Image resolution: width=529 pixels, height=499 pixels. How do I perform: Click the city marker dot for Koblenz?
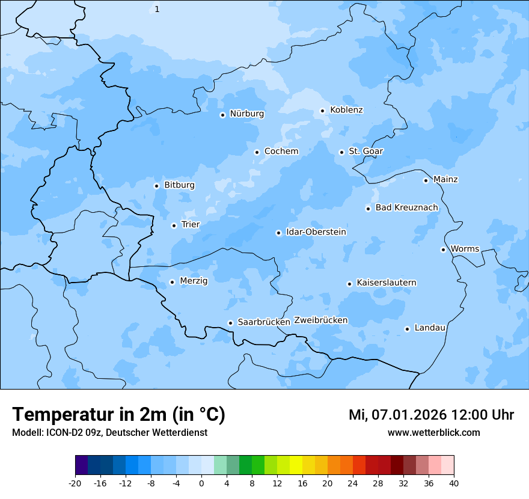pyautogui.click(x=322, y=111)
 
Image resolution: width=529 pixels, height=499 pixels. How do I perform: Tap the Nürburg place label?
pyautogui.click(x=246, y=114)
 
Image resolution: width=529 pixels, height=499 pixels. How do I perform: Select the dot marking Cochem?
pyautogui.click(x=257, y=152)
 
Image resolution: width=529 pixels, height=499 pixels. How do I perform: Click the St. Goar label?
pyautogui.click(x=365, y=151)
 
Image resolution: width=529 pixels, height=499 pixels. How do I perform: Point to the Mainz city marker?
pyautogui.click(x=426, y=180)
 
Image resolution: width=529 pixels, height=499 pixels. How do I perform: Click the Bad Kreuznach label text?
pyautogui.click(x=406, y=207)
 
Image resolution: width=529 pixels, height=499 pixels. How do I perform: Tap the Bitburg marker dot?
pyautogui.click(x=156, y=186)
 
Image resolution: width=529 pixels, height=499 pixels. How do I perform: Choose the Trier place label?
pyautogui.click(x=190, y=224)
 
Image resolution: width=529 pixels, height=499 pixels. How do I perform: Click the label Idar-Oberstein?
pyautogui.click(x=316, y=231)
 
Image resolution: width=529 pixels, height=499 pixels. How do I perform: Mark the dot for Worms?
pyautogui.click(x=443, y=249)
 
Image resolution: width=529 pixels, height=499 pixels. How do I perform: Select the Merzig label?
pyautogui.click(x=194, y=281)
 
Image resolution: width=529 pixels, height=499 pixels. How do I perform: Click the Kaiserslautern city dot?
pyautogui.click(x=349, y=284)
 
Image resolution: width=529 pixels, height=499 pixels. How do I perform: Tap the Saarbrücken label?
pyautogui.click(x=264, y=322)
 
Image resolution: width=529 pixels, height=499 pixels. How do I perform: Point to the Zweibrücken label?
pyautogui.click(x=320, y=320)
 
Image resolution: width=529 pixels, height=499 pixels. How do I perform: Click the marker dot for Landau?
pyautogui.click(x=407, y=329)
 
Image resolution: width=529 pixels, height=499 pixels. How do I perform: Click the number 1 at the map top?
pyautogui.click(x=157, y=9)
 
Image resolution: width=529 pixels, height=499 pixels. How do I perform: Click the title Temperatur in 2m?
pyautogui.click(x=118, y=414)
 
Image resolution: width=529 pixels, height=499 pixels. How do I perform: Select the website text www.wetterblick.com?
pyautogui.click(x=433, y=432)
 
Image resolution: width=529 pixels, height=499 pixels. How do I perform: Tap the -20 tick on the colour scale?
pyautogui.click(x=75, y=483)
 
